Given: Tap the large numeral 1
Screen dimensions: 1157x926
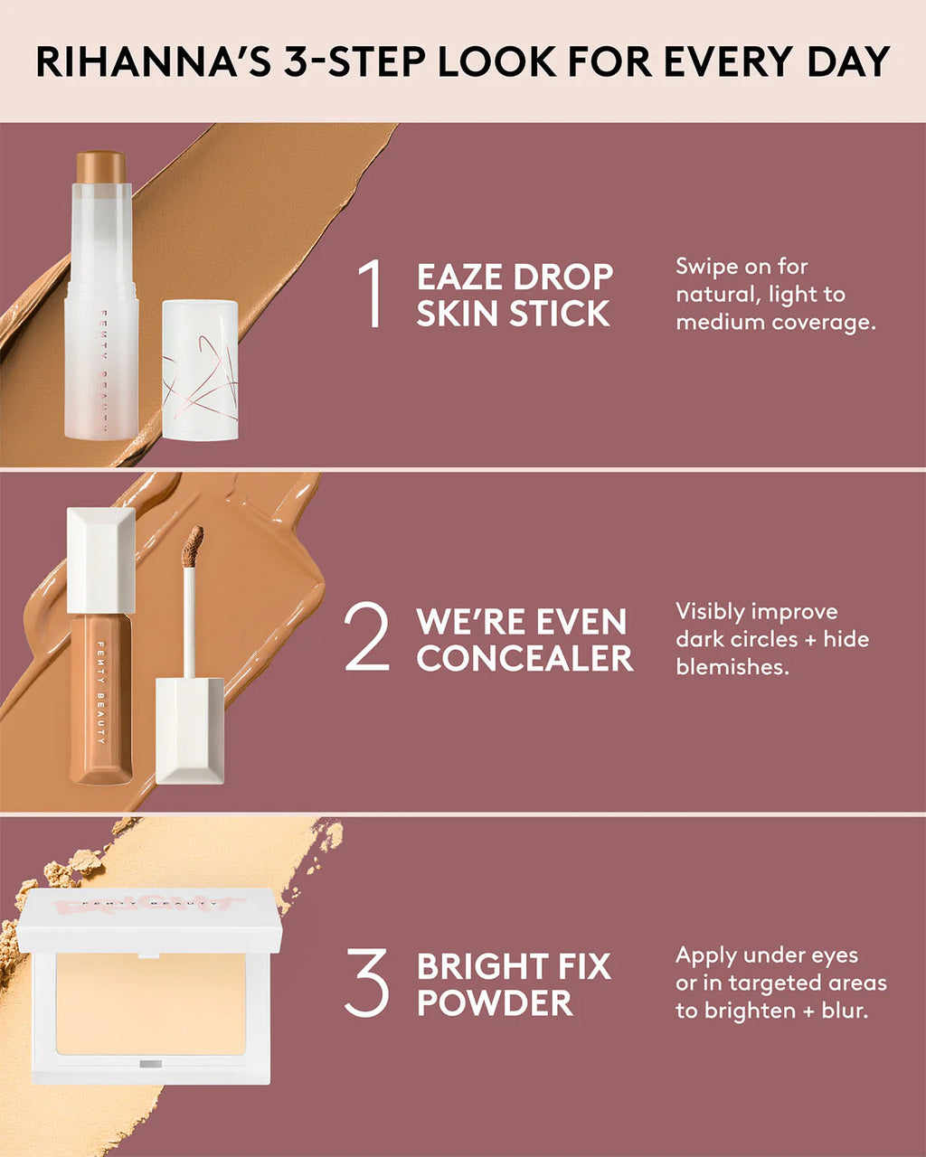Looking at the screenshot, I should click(x=371, y=294).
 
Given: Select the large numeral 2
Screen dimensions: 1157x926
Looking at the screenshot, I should click(x=366, y=638).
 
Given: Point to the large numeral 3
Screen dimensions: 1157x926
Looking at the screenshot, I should click(x=366, y=983).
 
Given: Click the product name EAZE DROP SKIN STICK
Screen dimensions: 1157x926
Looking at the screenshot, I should click(x=514, y=295).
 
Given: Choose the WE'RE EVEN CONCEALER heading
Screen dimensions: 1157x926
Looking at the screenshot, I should click(x=524, y=640).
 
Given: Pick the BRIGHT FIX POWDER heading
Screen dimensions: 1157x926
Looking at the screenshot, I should click(x=513, y=984).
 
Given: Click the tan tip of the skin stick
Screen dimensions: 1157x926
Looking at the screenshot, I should click(x=100, y=166).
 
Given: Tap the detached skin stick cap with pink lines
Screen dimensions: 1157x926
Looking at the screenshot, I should click(x=200, y=371).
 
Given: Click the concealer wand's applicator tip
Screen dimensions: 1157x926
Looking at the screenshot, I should click(x=193, y=546).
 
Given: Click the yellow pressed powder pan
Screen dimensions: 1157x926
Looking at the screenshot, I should click(x=150, y=1003).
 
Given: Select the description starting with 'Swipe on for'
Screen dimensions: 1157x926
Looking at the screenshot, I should click(x=775, y=294).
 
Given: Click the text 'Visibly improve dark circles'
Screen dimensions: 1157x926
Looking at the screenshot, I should click(x=771, y=625).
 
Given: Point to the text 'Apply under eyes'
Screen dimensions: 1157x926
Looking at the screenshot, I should click(x=767, y=955).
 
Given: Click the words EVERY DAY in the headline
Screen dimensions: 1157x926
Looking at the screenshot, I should click(x=777, y=61).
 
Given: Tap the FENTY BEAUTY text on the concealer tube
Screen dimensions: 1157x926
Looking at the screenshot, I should click(x=100, y=691).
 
